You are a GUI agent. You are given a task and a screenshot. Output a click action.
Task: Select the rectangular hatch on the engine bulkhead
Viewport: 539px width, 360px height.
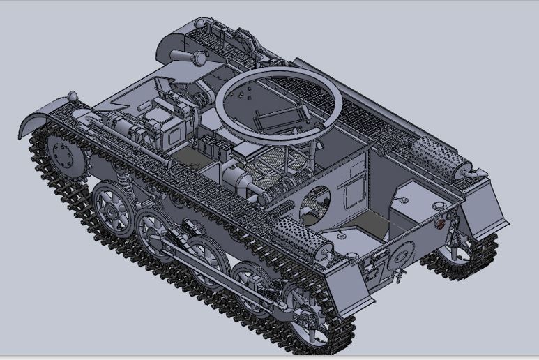(358, 188)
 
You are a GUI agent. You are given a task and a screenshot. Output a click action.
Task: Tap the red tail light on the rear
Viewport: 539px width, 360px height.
(440, 224)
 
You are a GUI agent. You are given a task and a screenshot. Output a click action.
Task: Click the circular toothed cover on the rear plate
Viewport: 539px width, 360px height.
(400, 257)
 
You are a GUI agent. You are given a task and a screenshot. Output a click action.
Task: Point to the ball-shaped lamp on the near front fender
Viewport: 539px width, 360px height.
(72, 96)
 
